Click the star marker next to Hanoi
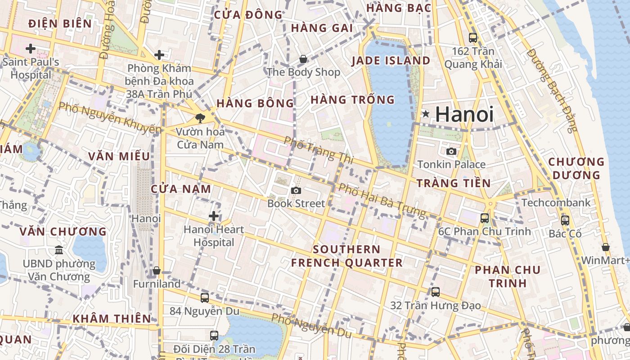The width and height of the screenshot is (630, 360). coord(425,114)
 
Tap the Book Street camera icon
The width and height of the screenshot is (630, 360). coord(296,190)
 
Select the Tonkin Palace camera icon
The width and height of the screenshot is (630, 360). coord(451,151)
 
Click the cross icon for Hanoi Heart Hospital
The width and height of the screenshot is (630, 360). coord(214,216)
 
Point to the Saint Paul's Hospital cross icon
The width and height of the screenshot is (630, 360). coord(31,48)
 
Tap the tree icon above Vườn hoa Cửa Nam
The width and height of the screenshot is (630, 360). coord(200,118)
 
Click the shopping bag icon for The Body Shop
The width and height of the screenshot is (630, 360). coord(303,59)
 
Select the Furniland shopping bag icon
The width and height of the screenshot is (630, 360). coord(157,270)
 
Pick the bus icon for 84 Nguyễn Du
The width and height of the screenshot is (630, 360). coord(204,297)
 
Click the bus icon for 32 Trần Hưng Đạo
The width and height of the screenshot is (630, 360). coord(435,292)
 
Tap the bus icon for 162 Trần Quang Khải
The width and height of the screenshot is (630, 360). coord(472,38)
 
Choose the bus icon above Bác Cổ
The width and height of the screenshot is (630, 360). coord(565,220)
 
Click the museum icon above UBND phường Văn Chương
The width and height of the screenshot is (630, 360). coord(59,250)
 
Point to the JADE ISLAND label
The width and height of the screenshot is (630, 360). coord(391,61)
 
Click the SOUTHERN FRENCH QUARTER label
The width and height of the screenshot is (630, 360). coord(346,256)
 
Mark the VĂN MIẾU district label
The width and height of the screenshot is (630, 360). coord(119,157)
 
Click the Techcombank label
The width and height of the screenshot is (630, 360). coord(556,203)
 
